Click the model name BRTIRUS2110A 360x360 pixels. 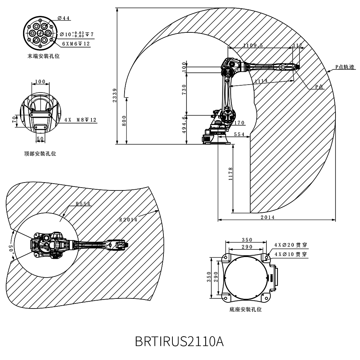179,341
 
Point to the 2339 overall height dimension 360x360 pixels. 114,95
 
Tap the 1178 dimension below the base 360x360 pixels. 231,174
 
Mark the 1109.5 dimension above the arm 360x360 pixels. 253,45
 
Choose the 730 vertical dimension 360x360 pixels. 184,90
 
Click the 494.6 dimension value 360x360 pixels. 184,125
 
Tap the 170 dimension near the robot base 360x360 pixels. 239,123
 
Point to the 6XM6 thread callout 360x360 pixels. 76,44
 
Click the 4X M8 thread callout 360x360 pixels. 80,120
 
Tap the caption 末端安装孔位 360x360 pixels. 44,56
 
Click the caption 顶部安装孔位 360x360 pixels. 40,153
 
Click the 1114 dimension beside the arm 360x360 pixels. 261,81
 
